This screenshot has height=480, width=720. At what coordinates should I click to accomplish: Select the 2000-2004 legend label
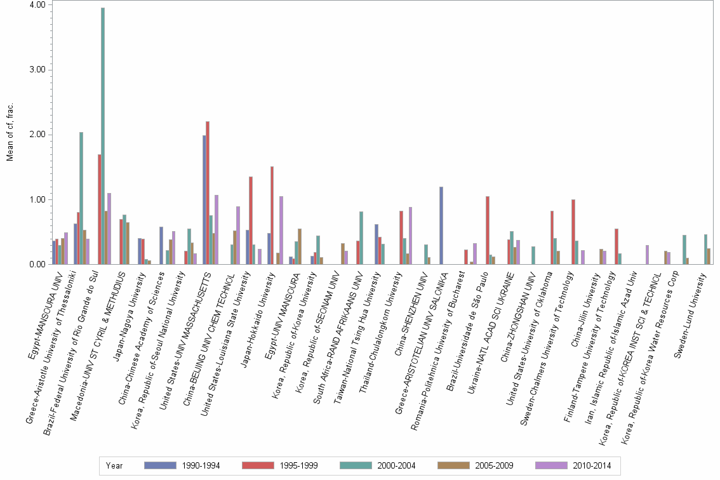pos(397,465)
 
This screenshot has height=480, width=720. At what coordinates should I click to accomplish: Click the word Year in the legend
pos(114,465)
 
